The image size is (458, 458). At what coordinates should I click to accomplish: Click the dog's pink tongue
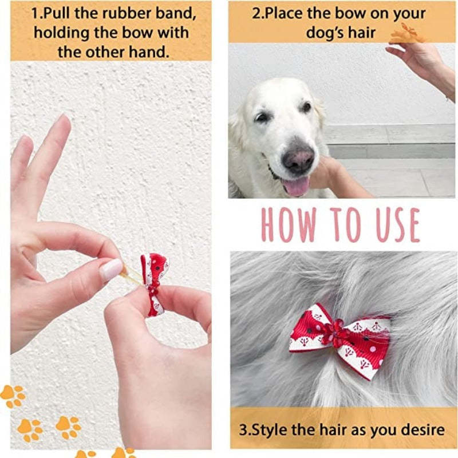(x=296, y=186)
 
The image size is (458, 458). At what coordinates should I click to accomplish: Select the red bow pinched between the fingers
(x=154, y=283)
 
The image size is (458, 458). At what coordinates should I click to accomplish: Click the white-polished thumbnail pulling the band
(x=111, y=270)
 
